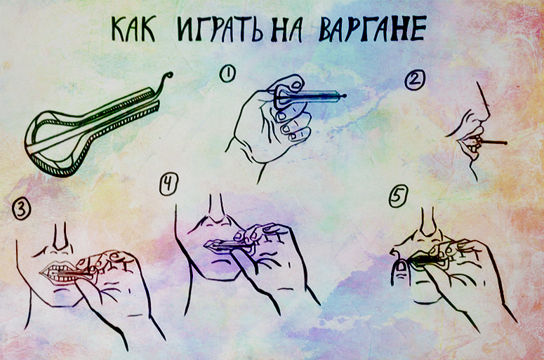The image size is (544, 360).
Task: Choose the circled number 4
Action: (168, 184)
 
